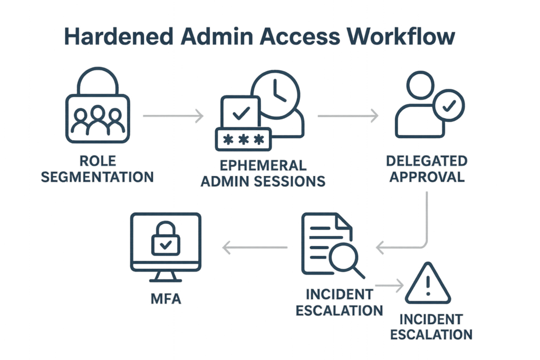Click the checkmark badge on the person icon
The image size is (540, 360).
[448, 106]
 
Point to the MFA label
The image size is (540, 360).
[166, 301]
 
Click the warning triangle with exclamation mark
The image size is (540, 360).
[428, 285]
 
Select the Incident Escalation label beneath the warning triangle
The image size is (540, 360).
[431, 327]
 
